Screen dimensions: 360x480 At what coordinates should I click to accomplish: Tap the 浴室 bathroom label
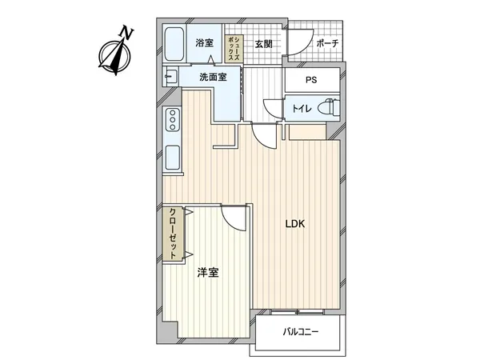205,43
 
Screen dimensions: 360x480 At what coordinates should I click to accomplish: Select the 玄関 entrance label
264,44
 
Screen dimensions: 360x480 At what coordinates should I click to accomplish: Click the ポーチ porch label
326,44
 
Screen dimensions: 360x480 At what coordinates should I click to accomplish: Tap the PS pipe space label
312,81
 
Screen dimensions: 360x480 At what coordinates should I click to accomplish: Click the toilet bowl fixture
328,107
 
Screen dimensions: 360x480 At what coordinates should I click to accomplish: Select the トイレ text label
302,107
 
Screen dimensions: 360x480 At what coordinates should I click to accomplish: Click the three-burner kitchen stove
172,121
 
